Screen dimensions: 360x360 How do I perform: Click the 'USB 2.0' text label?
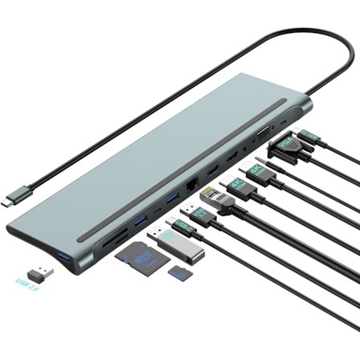click(27, 284)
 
